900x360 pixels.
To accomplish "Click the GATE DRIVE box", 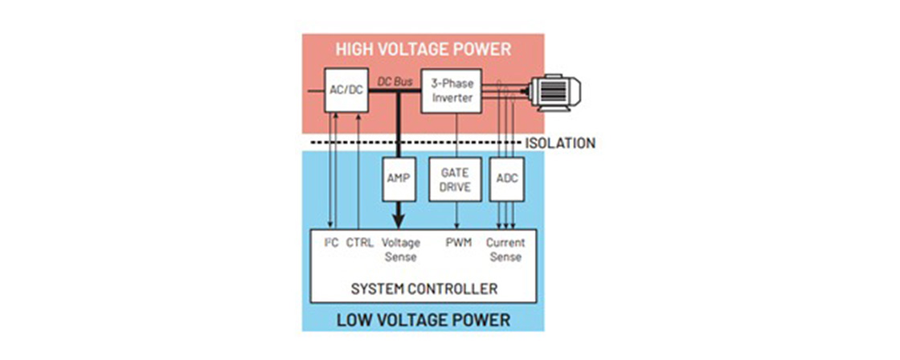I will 456,179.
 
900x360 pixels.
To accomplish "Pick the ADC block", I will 507,179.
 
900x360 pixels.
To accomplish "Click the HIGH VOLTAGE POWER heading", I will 423,49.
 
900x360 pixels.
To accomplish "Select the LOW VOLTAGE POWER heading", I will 423,320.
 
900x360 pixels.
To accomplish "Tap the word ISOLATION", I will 560,144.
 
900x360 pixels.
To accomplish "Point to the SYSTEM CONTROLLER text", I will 423,288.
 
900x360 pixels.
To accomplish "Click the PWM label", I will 457,243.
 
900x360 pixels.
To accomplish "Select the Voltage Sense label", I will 400,249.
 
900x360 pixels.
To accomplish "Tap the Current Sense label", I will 506,249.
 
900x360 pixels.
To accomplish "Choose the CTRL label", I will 359,243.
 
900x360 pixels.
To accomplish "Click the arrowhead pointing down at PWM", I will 457,227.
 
